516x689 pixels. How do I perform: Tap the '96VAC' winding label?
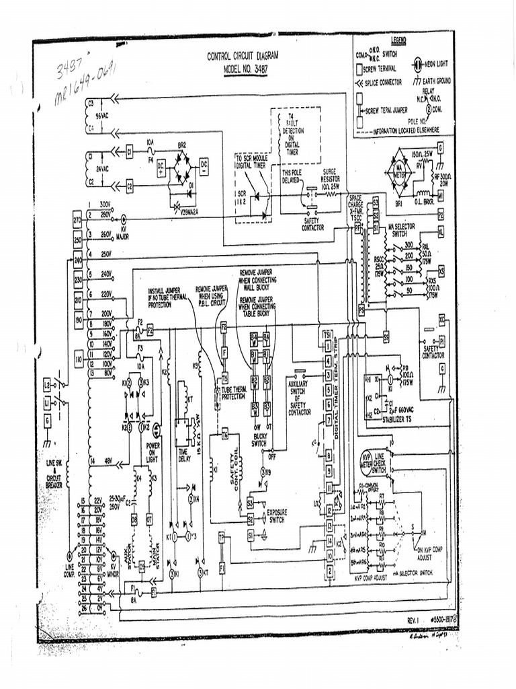click(x=102, y=115)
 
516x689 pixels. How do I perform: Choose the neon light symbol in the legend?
click(x=417, y=65)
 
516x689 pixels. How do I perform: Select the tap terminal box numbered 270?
click(x=77, y=220)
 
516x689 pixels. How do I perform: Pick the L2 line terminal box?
click(x=47, y=385)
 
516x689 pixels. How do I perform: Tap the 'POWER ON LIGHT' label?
click(x=153, y=452)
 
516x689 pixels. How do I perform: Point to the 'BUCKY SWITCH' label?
click(x=259, y=440)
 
